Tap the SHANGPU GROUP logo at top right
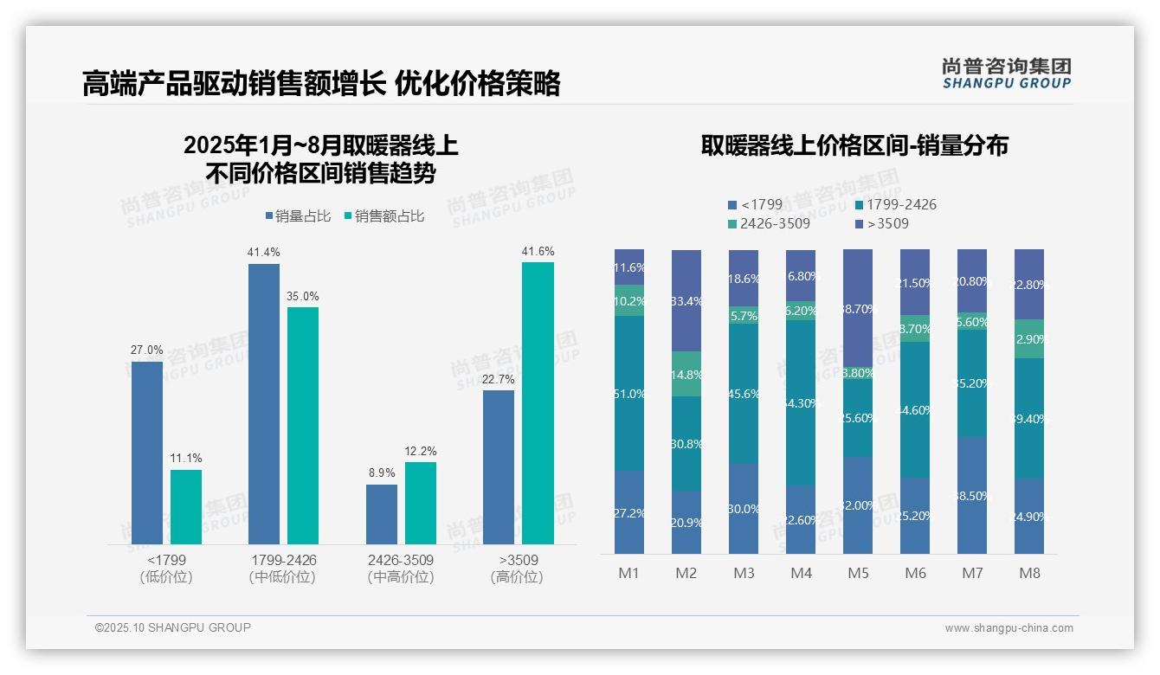(x=1006, y=74)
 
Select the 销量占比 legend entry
(x=298, y=216)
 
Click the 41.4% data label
(x=264, y=252)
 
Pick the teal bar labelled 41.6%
(x=538, y=402)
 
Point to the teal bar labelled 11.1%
(x=186, y=506)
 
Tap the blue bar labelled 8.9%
(x=382, y=514)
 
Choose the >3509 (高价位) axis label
(x=517, y=568)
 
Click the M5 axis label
(x=858, y=573)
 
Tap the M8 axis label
(x=1029, y=573)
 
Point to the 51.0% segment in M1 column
(x=629, y=394)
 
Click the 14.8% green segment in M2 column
(x=686, y=374)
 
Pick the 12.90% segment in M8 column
(x=1029, y=338)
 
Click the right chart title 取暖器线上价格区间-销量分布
(x=854, y=145)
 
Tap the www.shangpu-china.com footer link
(x=1009, y=628)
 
